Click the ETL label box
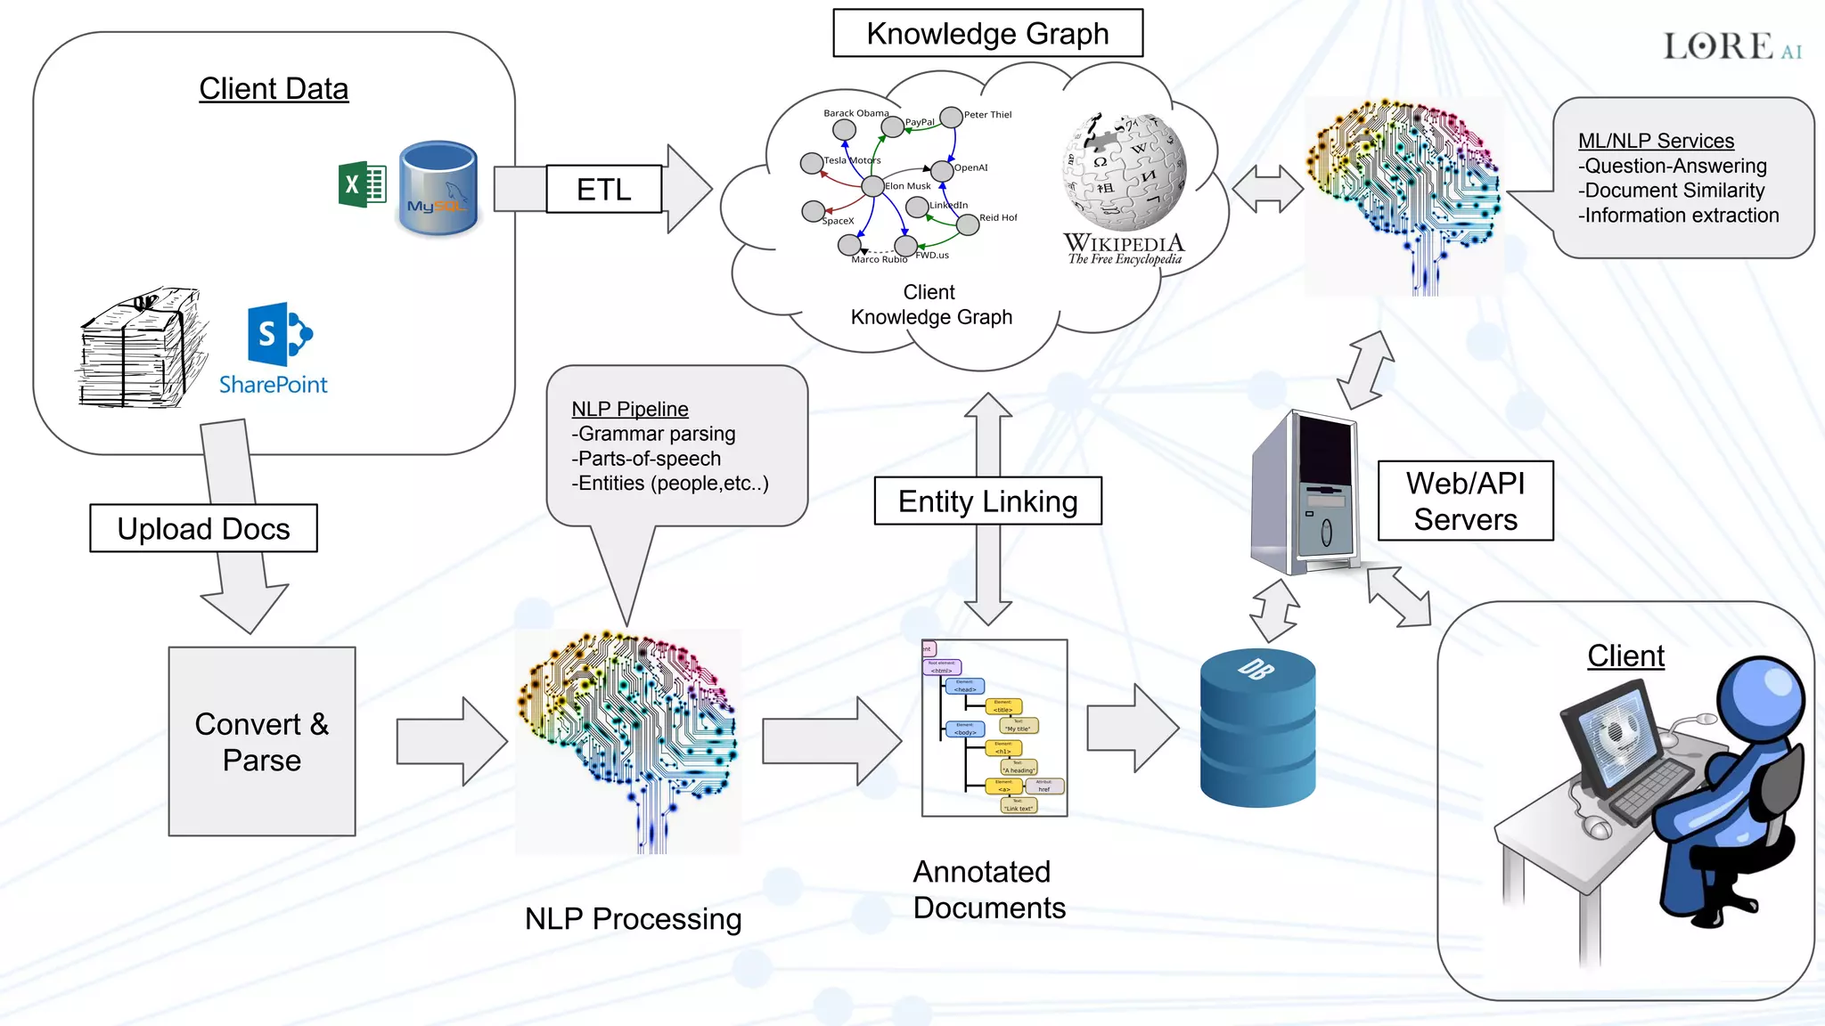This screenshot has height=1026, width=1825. (x=603, y=189)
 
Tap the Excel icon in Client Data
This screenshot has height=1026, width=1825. (x=362, y=185)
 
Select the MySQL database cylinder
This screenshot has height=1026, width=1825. (x=438, y=189)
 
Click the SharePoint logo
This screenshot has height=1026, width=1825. (x=278, y=336)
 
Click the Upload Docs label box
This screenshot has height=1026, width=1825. (x=203, y=528)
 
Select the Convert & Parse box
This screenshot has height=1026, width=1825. (x=262, y=741)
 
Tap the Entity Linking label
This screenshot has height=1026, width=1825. (x=987, y=501)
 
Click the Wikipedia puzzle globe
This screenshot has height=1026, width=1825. (x=1124, y=171)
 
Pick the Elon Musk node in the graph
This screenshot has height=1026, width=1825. (x=873, y=187)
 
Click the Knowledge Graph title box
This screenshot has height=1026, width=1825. (x=987, y=34)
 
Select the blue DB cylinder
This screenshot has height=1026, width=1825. (x=1257, y=729)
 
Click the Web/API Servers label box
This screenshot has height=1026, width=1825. (x=1465, y=501)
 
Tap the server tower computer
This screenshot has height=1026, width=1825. (x=1306, y=494)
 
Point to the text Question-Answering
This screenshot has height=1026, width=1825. (x=1675, y=166)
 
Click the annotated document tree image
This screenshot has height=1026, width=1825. (x=994, y=728)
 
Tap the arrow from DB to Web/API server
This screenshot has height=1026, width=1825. (x=1274, y=611)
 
